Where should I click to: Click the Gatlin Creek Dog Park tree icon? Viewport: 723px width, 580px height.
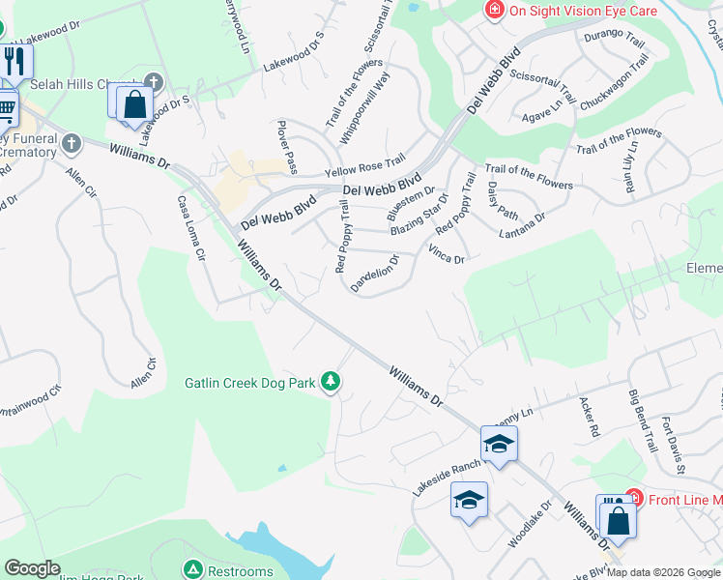pos(332,382)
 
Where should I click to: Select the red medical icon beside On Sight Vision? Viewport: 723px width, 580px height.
pos(495,11)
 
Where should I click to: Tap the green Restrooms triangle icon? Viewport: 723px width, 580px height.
pos(193,569)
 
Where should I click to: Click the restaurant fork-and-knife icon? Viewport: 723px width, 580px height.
pos(14,63)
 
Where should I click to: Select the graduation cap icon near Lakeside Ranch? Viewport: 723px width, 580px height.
pos(469,500)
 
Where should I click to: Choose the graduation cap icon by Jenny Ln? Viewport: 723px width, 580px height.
pos(499,444)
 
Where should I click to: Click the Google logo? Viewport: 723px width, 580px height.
pos(33,568)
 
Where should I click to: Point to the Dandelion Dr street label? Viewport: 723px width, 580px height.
pos(375,274)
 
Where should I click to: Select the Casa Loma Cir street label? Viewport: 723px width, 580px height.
pos(191,229)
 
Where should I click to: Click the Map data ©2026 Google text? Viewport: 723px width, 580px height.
pos(663,572)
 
